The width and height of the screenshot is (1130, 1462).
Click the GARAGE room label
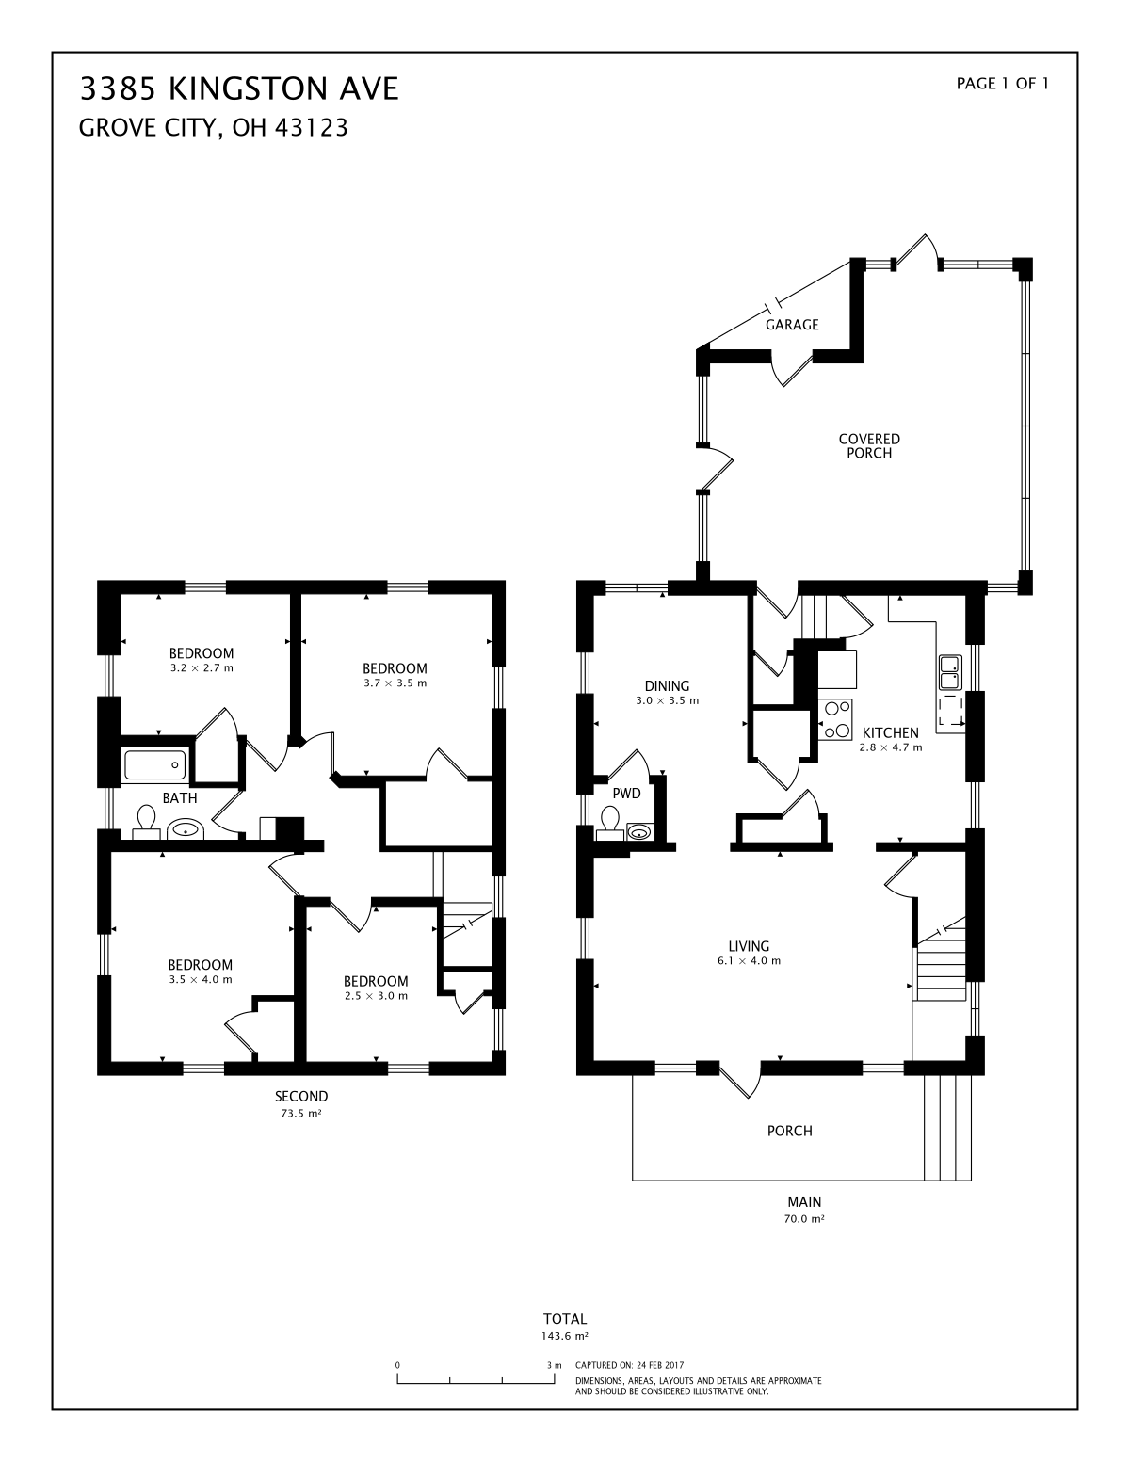[x=792, y=325]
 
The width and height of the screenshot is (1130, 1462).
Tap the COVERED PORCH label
[x=869, y=445]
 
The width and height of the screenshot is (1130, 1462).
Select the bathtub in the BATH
[x=154, y=765]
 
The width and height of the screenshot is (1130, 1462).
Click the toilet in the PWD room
[x=610, y=824]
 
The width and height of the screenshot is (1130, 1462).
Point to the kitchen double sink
[x=950, y=672]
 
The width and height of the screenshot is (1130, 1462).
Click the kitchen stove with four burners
[x=835, y=720]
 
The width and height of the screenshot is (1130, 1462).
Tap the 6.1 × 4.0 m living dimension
[x=749, y=961]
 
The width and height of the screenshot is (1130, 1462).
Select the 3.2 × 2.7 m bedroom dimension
[x=202, y=668]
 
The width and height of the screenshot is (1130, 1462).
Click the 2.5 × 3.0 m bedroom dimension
[x=376, y=996]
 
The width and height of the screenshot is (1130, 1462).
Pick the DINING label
[x=667, y=685]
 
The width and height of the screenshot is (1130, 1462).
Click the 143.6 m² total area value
[x=565, y=1336]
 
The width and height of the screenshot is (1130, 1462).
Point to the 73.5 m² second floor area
[x=300, y=1114]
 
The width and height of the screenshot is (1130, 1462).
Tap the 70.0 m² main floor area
[x=803, y=1218]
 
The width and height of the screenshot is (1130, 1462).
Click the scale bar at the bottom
[x=476, y=1378]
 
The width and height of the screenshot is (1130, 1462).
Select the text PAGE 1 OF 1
[x=1002, y=84]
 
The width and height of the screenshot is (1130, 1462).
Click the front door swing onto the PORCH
[x=740, y=1081]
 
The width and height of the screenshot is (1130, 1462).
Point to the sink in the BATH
[x=186, y=830]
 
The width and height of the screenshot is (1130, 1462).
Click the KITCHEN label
[x=891, y=732]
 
